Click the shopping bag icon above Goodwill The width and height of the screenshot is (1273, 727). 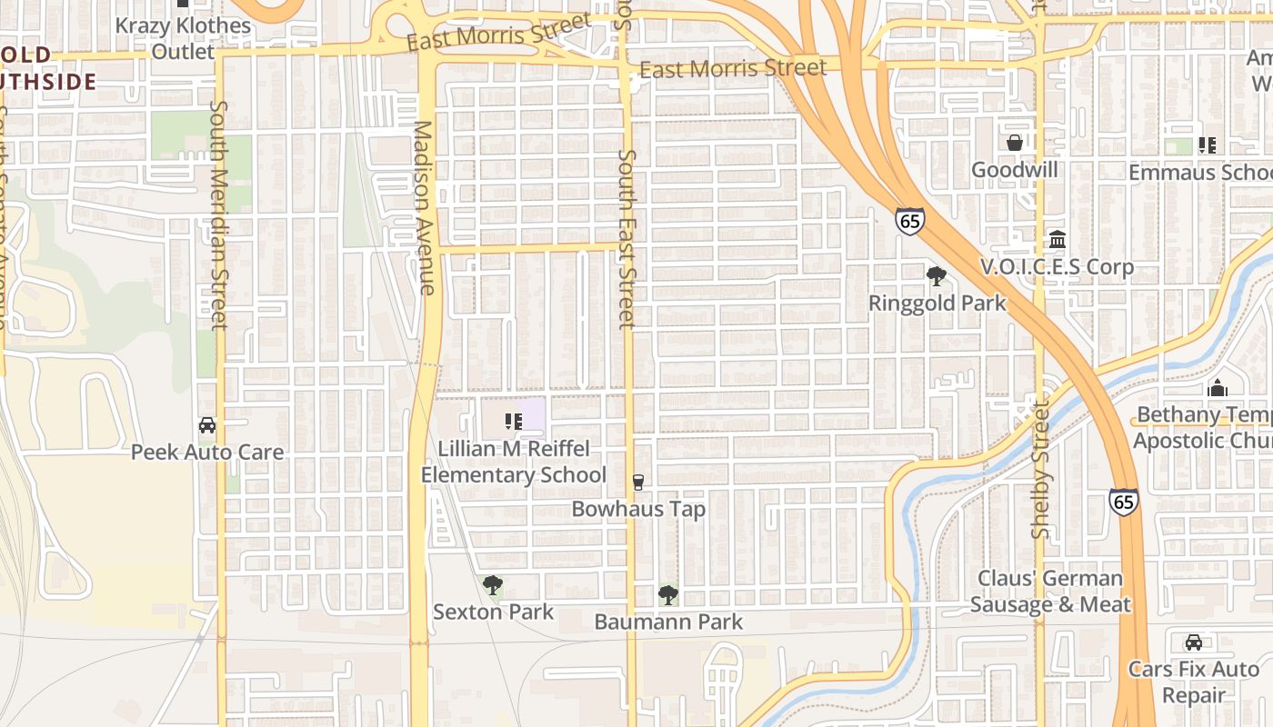1015,144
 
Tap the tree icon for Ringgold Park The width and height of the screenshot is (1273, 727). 936,276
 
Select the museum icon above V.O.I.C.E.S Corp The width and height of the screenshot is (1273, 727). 1057,240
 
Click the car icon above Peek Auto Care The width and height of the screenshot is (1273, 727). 207,425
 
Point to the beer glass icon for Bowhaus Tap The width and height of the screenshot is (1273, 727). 638,482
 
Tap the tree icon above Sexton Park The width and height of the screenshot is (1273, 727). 492,584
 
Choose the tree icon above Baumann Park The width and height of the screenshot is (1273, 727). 668,595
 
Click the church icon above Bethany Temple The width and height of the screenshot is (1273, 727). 1218,388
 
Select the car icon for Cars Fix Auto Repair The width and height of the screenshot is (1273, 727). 1194,642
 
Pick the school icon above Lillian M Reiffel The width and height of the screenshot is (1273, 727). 513,421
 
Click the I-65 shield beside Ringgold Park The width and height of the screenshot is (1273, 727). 909,221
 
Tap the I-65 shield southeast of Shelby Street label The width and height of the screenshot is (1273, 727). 1123,502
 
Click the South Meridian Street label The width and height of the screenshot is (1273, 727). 218,214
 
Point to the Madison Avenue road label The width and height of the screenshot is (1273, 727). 424,208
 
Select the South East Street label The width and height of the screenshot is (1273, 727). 626,238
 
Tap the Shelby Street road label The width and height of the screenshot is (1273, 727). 1041,470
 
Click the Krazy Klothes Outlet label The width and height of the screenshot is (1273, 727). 183,38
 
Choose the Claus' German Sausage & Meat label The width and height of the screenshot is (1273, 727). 1050,592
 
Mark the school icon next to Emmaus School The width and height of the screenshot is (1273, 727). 1208,144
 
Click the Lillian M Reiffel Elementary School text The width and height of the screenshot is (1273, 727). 514,462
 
